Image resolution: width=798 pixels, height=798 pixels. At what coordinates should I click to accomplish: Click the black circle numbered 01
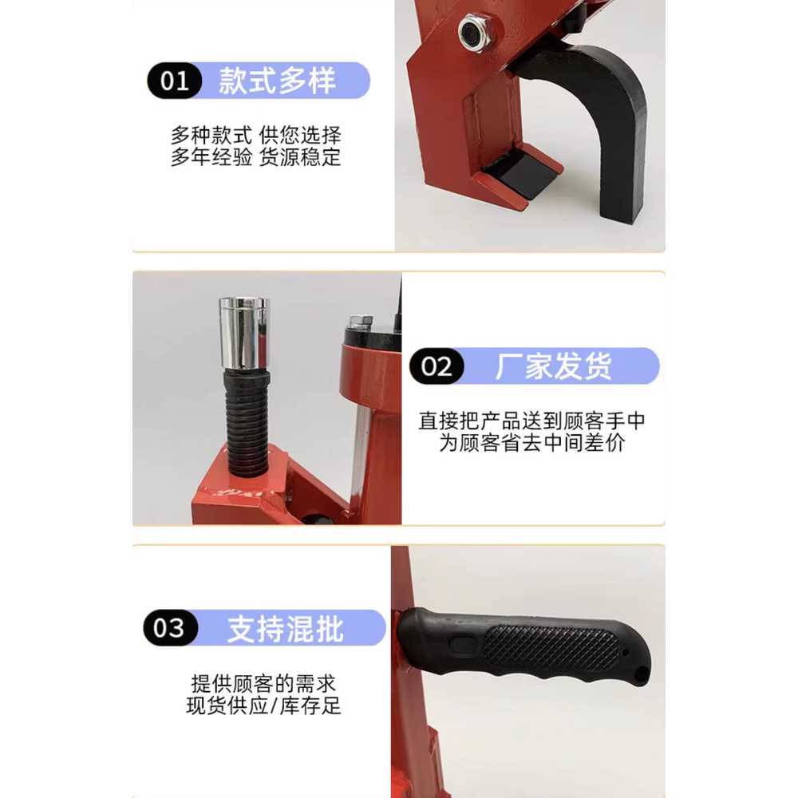click(174, 81)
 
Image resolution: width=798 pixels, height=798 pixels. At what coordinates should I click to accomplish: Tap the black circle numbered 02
click(437, 366)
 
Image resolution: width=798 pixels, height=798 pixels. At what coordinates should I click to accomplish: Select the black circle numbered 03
click(170, 627)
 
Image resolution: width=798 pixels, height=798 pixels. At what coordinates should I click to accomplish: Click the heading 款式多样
click(278, 81)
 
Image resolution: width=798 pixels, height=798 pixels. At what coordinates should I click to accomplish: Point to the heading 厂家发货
click(553, 366)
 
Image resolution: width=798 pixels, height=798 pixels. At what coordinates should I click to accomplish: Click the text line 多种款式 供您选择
click(255, 136)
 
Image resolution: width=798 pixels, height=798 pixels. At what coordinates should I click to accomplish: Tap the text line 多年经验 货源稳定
click(255, 157)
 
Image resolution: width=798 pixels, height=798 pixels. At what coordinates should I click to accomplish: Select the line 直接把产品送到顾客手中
click(531, 421)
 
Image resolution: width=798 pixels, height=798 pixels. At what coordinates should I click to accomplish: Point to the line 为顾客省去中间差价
click(531, 443)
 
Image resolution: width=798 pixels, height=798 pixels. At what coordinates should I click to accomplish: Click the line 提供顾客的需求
click(263, 684)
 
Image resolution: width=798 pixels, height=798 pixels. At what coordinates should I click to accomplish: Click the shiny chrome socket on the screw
click(243, 334)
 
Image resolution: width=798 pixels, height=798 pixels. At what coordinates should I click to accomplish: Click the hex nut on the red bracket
click(477, 33)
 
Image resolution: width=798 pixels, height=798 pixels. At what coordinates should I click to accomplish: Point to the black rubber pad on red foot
click(520, 176)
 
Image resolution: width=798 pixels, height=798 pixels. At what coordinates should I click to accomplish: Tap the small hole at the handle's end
click(642, 675)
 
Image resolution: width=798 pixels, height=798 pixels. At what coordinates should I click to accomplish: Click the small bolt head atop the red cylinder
click(360, 322)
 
